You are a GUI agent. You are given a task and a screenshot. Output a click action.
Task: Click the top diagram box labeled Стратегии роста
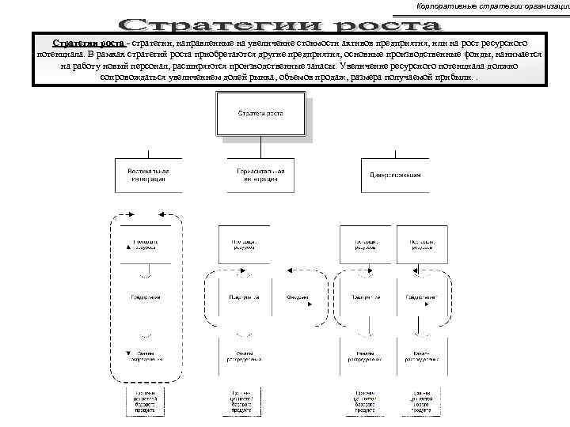coord(260,114)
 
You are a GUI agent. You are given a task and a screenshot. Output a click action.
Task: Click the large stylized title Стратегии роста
coord(285,23)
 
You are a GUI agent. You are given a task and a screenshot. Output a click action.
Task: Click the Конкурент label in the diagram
coord(298,298)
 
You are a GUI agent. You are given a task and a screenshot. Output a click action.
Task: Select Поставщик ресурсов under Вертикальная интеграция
coord(144,244)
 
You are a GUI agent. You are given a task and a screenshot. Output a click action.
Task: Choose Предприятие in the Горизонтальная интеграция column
coord(243,298)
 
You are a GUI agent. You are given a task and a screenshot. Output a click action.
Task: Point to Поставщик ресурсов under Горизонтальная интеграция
coord(243,244)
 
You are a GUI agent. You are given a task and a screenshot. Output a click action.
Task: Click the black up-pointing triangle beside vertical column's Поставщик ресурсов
coord(127,246)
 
